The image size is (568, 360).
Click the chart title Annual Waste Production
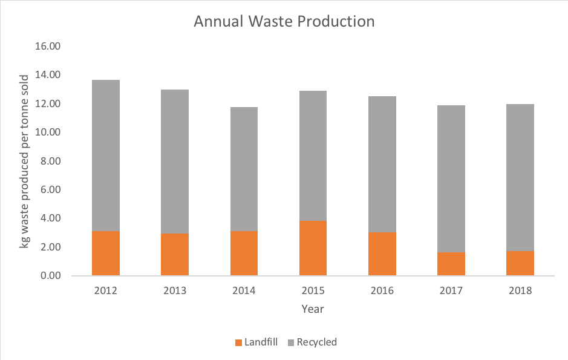point(284,22)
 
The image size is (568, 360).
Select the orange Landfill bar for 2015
point(313,248)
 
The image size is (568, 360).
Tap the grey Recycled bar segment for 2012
point(106,155)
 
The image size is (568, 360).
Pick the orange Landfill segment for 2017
point(451,264)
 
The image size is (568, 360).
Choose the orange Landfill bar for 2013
point(175,254)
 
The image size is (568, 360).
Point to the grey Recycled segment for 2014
point(244,169)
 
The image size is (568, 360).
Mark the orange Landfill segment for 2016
point(382,254)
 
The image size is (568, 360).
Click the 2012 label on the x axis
point(106,291)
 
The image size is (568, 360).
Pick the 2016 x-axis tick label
point(382,291)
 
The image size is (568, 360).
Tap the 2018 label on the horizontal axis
point(520,291)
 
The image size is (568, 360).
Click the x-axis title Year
point(313,309)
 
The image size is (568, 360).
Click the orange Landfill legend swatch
point(238,342)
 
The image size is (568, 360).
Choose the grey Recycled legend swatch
point(290,342)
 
